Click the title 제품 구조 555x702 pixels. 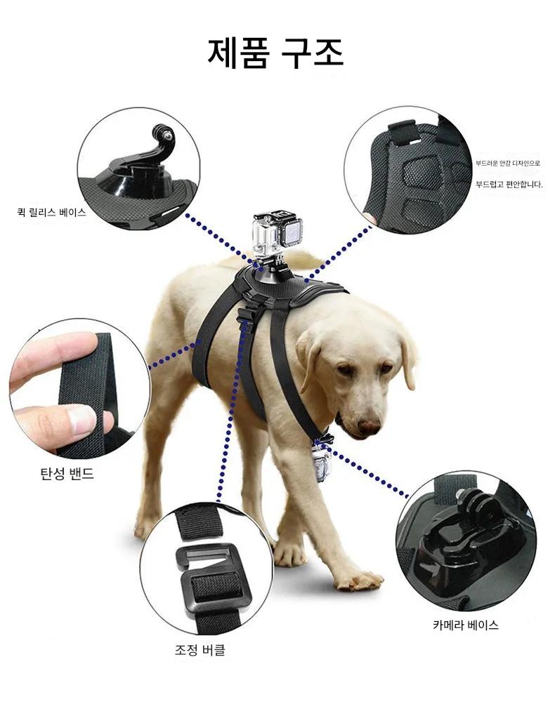pyautogui.click(x=275, y=53)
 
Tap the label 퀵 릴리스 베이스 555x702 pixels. pyautogui.click(x=51, y=212)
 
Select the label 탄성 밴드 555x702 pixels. pyautogui.click(x=67, y=473)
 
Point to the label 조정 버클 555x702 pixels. pyautogui.click(x=200, y=649)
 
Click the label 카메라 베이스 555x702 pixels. pyautogui.click(x=465, y=625)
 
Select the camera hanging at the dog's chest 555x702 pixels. pyautogui.click(x=323, y=459)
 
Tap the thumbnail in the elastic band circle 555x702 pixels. pyautogui.click(x=82, y=420)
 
